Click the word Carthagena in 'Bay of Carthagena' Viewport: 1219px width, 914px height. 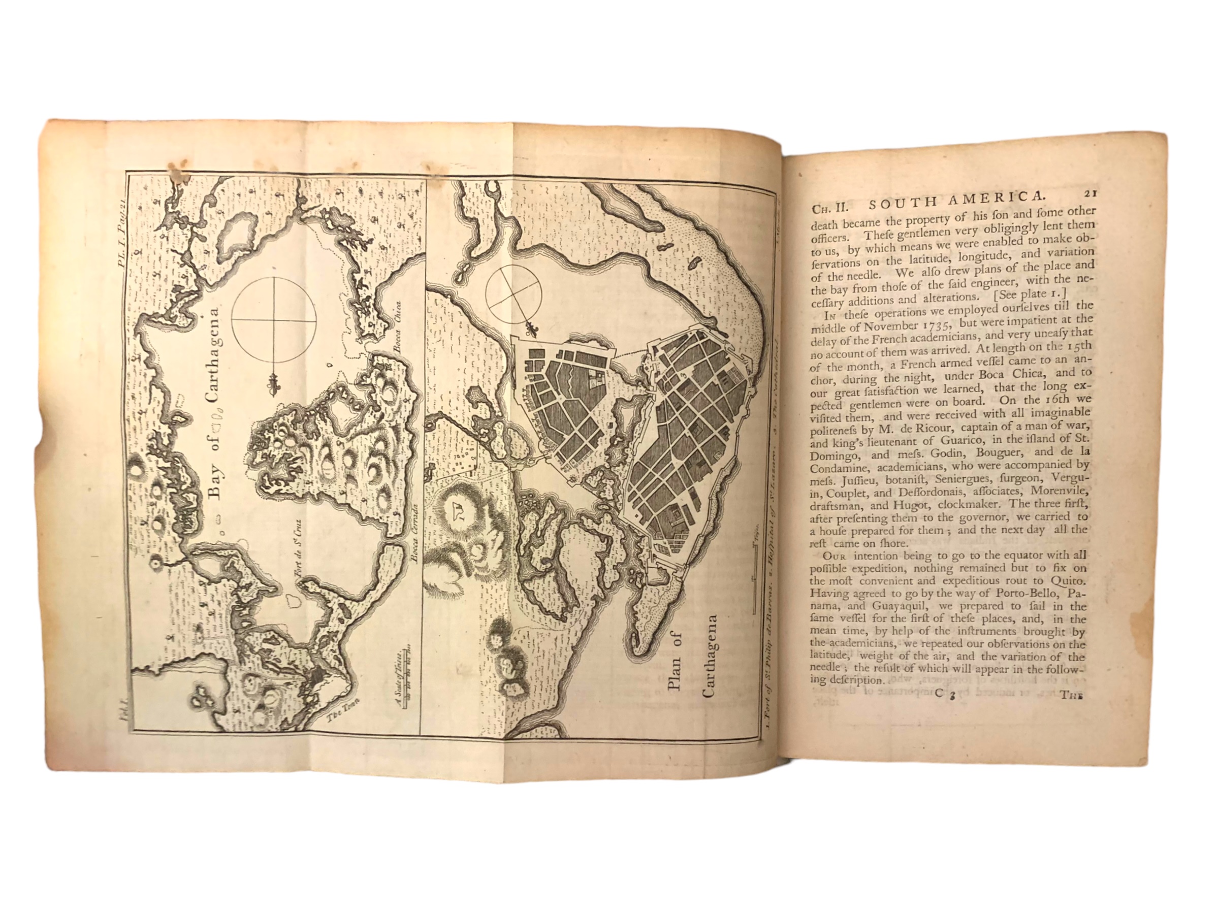coord(214,358)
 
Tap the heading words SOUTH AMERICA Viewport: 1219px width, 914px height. coord(955,203)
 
